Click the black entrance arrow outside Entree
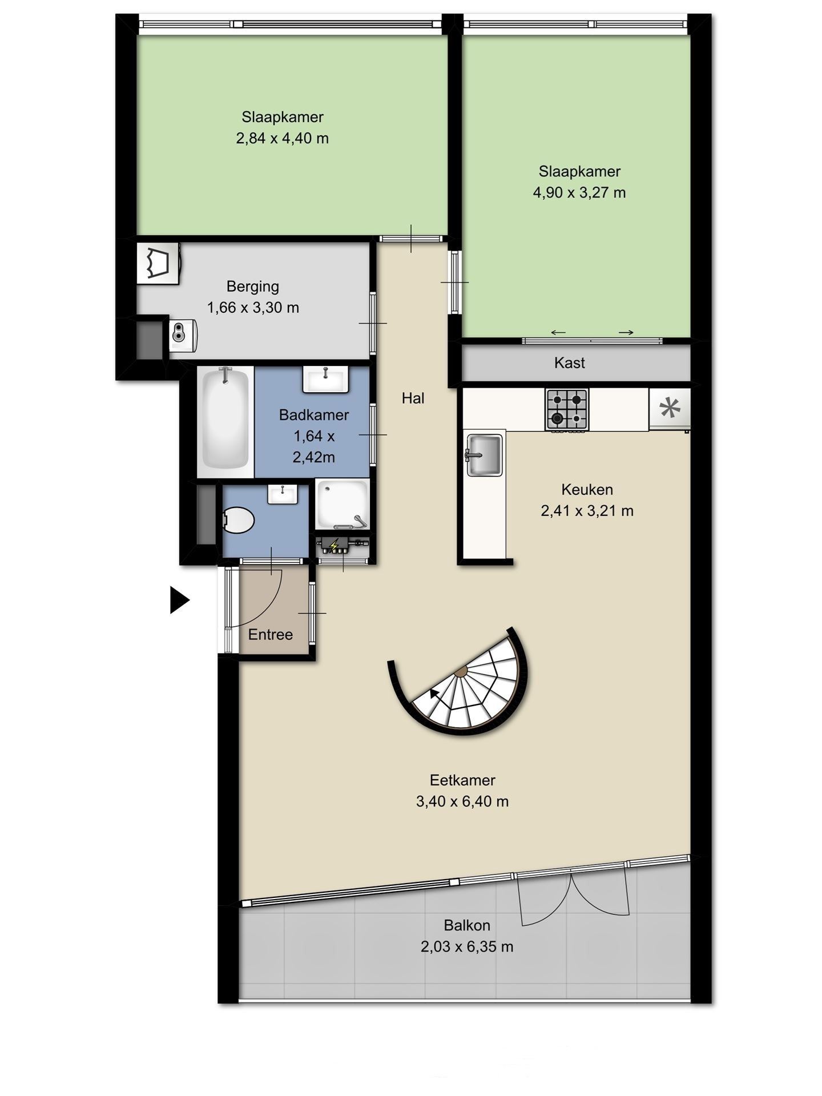(x=179, y=600)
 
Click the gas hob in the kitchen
(x=567, y=409)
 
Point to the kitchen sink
(x=484, y=454)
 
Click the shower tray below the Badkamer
(x=342, y=505)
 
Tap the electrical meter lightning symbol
(x=334, y=546)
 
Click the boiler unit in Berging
(x=183, y=335)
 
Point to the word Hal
(x=413, y=398)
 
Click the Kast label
(x=569, y=362)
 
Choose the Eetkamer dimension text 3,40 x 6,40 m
(x=462, y=801)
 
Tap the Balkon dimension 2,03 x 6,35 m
(x=467, y=947)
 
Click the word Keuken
(x=587, y=489)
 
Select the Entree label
(x=270, y=634)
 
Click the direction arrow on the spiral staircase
(x=435, y=692)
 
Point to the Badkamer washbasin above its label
(x=325, y=380)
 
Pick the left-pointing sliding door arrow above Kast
(x=558, y=333)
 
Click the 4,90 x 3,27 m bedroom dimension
(x=579, y=192)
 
